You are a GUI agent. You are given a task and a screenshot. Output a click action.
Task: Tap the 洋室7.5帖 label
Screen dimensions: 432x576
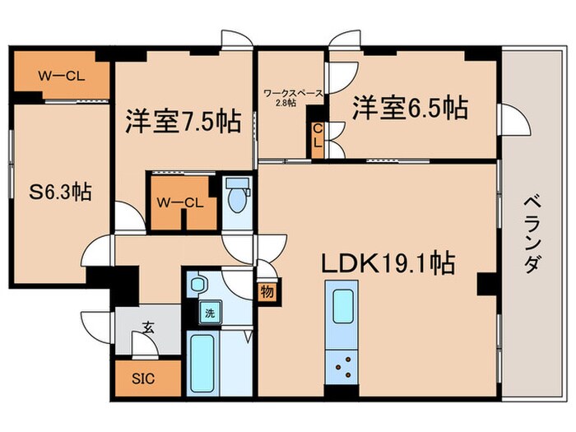coord(183,122)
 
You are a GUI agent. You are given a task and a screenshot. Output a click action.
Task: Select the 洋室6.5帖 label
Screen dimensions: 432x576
coord(411,107)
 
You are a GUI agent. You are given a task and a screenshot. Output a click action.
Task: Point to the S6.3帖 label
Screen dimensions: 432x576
coord(61,192)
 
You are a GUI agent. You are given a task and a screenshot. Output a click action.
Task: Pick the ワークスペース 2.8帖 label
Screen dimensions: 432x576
coord(291,98)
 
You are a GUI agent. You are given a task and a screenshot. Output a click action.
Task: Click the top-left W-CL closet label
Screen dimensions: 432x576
coord(59,77)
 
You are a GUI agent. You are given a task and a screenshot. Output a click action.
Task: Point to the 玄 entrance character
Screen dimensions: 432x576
coord(148,327)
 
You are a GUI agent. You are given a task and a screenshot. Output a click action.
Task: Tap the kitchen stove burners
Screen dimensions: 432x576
coord(340,363)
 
